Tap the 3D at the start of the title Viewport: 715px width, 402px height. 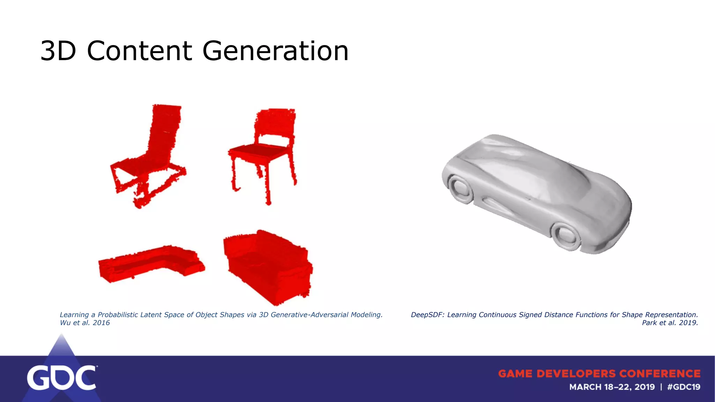click(x=58, y=51)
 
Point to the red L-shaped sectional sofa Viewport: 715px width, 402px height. click(x=150, y=263)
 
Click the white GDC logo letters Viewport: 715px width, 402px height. click(x=61, y=378)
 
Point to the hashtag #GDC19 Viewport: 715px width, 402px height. click(x=684, y=387)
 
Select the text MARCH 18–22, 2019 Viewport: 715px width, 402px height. click(x=612, y=387)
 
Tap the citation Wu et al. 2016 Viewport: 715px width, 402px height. click(x=85, y=323)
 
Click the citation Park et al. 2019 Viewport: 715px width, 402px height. click(x=670, y=323)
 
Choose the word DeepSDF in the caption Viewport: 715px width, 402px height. click(x=427, y=315)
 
